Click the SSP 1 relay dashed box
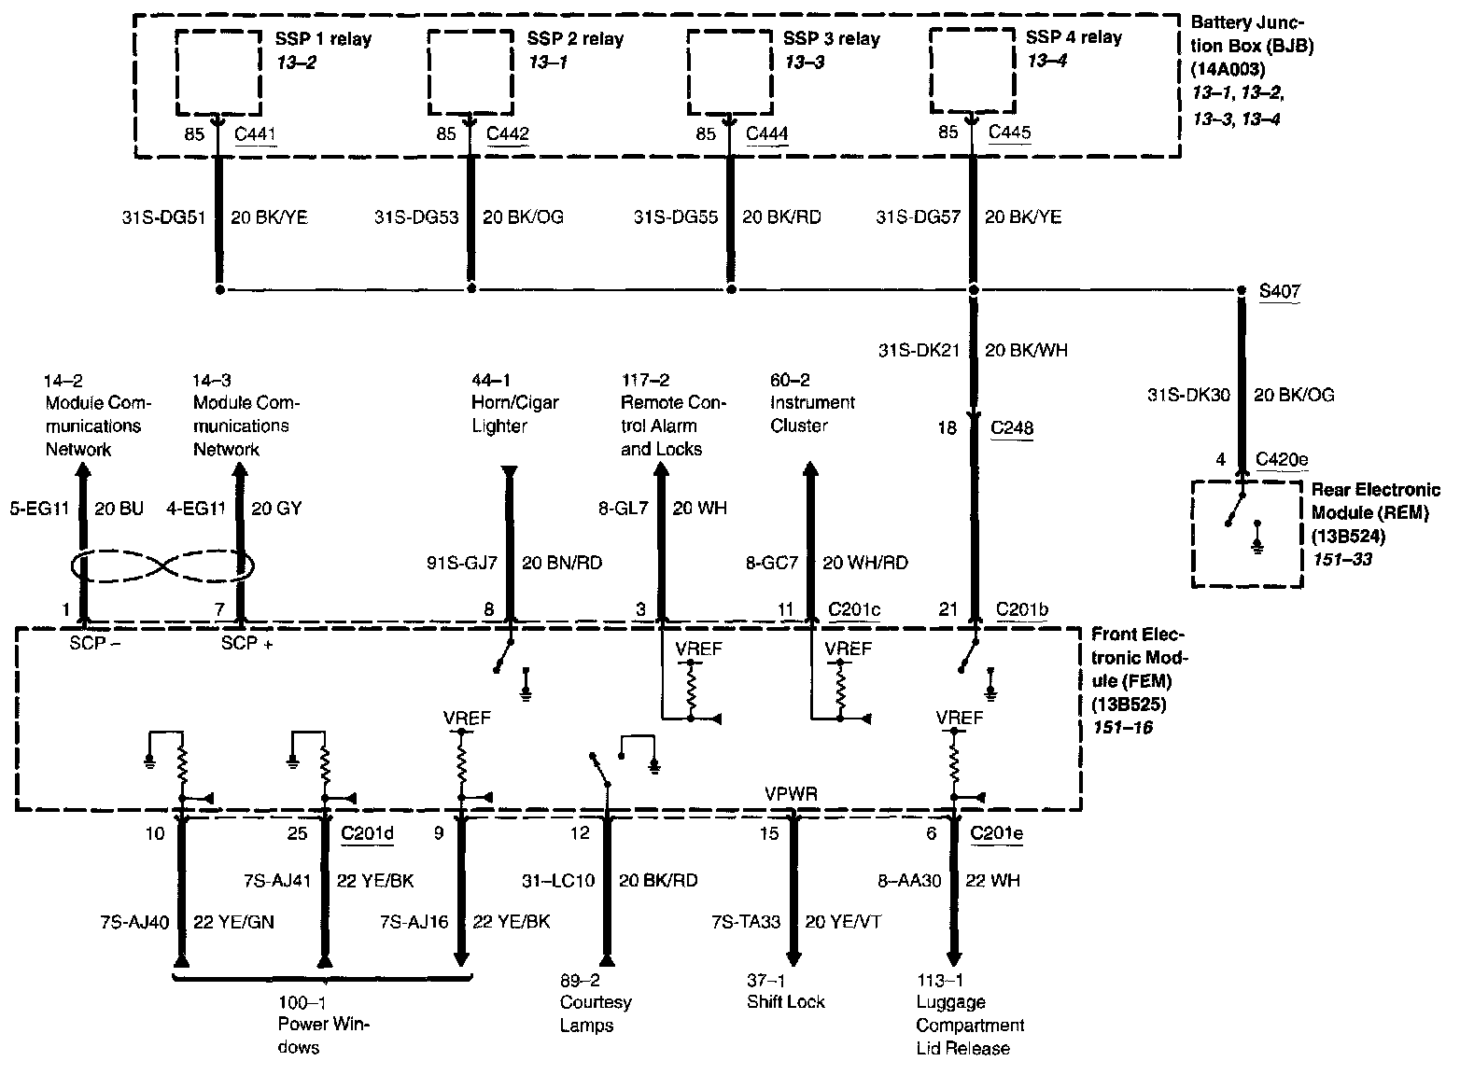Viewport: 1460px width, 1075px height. coord(218,71)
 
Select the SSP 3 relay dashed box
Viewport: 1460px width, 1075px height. coord(728,72)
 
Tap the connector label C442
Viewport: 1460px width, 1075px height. coord(508,133)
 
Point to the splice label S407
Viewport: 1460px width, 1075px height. coord(1279,291)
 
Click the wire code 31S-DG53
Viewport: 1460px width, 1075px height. coord(416,217)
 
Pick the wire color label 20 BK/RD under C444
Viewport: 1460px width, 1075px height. coord(781,217)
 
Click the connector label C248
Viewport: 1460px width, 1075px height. coord(1013,428)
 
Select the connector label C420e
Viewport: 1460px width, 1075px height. coord(1282,459)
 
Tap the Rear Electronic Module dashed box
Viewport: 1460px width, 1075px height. coord(1246,534)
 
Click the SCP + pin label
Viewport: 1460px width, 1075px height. coord(246,644)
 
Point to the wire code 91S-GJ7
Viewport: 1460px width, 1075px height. coord(462,563)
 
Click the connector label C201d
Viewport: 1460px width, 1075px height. coord(367,833)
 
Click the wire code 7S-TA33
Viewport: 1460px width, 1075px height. coord(746,922)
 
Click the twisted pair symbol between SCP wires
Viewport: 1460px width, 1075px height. coord(161,565)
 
